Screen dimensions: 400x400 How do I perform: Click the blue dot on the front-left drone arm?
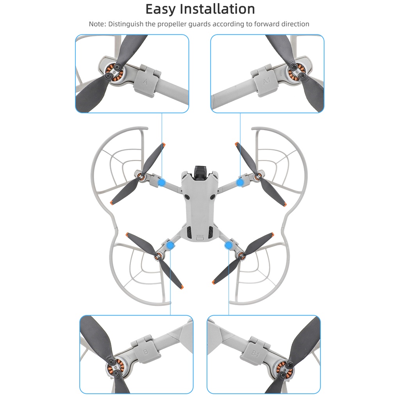(162, 182)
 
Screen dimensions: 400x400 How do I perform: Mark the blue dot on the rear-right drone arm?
(229, 245)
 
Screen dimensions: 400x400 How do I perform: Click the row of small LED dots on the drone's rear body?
(200, 236)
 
